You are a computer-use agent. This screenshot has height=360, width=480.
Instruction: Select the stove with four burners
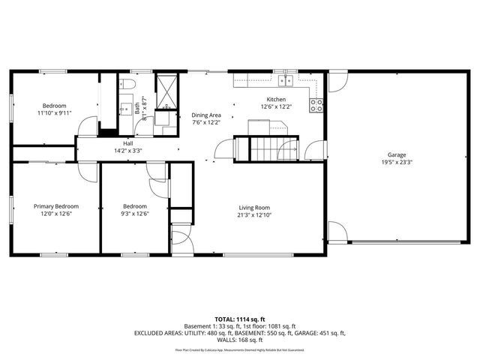click(316, 106)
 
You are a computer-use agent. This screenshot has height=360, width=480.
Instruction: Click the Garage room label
click(397, 154)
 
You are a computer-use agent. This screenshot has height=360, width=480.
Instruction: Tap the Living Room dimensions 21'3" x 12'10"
click(254, 214)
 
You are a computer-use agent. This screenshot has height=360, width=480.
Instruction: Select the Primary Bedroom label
click(56, 206)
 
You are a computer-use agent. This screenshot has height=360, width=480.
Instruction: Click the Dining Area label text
click(206, 115)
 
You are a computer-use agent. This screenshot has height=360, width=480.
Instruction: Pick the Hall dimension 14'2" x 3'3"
click(127, 150)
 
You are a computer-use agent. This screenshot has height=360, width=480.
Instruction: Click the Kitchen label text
click(276, 100)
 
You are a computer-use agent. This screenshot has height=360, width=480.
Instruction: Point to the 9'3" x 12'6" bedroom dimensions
click(135, 213)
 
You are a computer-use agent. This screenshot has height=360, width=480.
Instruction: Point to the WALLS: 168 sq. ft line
click(240, 340)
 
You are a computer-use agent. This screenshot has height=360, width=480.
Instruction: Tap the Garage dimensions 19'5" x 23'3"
click(397, 161)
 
